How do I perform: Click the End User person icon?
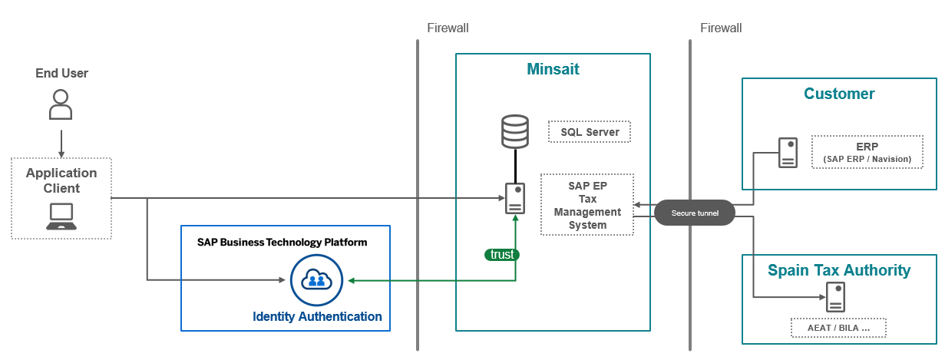(x=61, y=104)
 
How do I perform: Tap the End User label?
(x=61, y=74)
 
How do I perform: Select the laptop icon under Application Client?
(x=61, y=217)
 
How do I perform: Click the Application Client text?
(x=61, y=180)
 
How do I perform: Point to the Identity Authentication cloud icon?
(x=316, y=280)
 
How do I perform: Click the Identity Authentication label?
(x=317, y=316)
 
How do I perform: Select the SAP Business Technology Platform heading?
(x=282, y=243)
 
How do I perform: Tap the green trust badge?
(x=502, y=255)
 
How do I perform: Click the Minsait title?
(x=553, y=70)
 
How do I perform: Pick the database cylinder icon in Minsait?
(x=514, y=131)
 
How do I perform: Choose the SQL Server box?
(x=590, y=132)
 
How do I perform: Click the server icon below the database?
(x=515, y=199)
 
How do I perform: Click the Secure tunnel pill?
(x=695, y=213)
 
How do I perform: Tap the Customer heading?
(x=839, y=94)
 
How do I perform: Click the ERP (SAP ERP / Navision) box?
(x=867, y=152)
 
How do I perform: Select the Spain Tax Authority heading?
(x=839, y=270)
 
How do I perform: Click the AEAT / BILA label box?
(x=838, y=328)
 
